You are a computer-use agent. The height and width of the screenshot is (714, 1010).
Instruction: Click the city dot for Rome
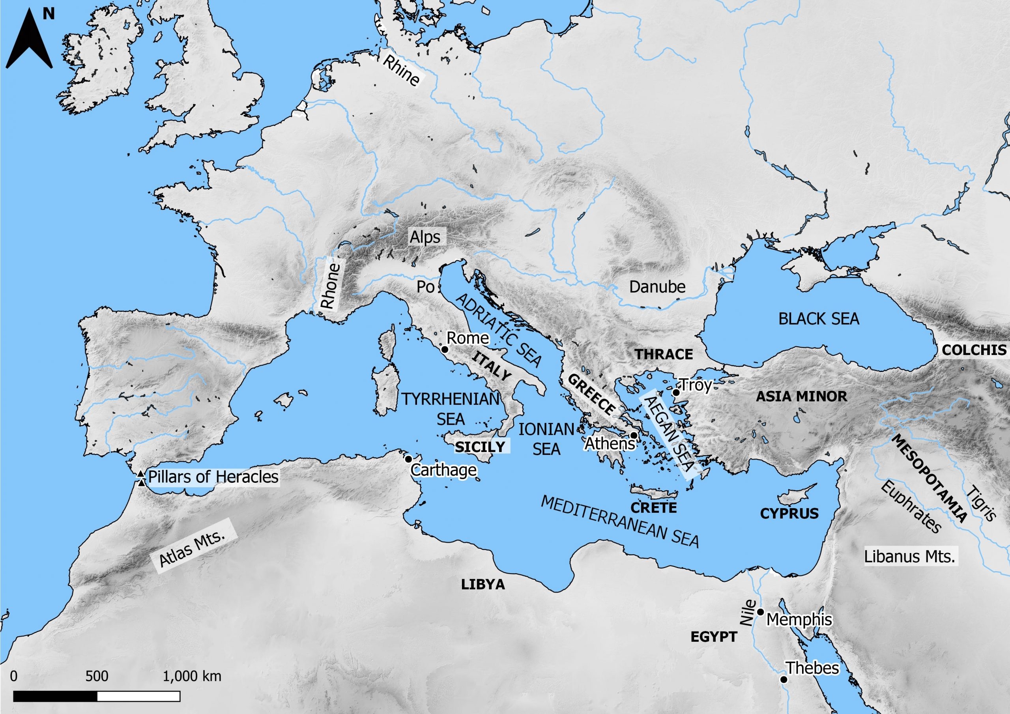point(444,349)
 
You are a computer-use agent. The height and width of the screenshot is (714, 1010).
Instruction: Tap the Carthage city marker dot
point(408,459)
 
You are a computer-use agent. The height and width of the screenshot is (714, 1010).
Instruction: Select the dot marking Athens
point(634,436)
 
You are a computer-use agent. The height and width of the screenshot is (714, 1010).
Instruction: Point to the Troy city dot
point(676,392)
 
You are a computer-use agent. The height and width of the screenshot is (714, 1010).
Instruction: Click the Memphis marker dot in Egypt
point(760,612)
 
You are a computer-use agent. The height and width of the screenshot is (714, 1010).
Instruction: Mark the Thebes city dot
point(784,679)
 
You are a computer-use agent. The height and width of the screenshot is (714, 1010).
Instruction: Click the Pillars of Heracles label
point(213,477)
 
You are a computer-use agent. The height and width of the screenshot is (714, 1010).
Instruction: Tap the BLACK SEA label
point(819,319)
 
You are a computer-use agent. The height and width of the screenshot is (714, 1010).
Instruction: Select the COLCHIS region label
point(974,350)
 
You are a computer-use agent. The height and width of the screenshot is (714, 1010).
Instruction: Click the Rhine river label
point(401,70)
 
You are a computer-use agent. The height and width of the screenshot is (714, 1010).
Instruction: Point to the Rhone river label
point(331,286)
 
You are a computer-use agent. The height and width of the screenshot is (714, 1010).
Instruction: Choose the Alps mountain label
point(425,237)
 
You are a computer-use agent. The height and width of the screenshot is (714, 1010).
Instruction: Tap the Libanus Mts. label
point(909,557)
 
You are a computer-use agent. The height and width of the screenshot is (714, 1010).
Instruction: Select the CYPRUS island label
point(789,513)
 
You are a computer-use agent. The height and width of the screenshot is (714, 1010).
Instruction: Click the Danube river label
point(657,287)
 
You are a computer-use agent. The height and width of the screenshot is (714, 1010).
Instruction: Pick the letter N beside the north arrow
point(49,15)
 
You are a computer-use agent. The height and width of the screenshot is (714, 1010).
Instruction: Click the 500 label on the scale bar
point(97,676)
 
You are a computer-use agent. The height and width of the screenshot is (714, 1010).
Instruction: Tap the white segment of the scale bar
point(138,696)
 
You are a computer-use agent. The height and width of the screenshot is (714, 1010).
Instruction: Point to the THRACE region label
point(664,354)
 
